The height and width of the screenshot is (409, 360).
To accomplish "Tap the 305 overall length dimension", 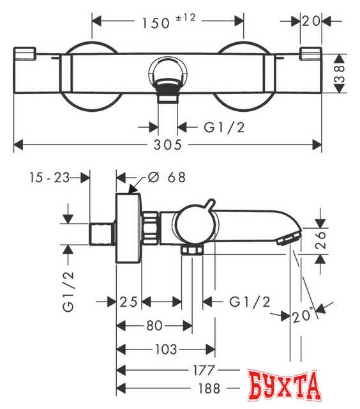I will [x=169, y=145].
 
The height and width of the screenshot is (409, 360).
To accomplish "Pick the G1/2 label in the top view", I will [x=224, y=127].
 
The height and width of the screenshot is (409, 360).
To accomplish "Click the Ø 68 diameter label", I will [x=167, y=177].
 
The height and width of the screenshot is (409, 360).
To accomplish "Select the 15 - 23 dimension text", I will [x=49, y=177].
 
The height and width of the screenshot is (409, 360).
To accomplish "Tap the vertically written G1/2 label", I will [x=69, y=290].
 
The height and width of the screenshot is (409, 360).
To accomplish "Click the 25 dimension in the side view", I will [x=128, y=300].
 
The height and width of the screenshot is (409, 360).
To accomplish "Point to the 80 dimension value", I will [x=154, y=325].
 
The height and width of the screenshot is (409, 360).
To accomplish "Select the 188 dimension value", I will [x=208, y=388].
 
